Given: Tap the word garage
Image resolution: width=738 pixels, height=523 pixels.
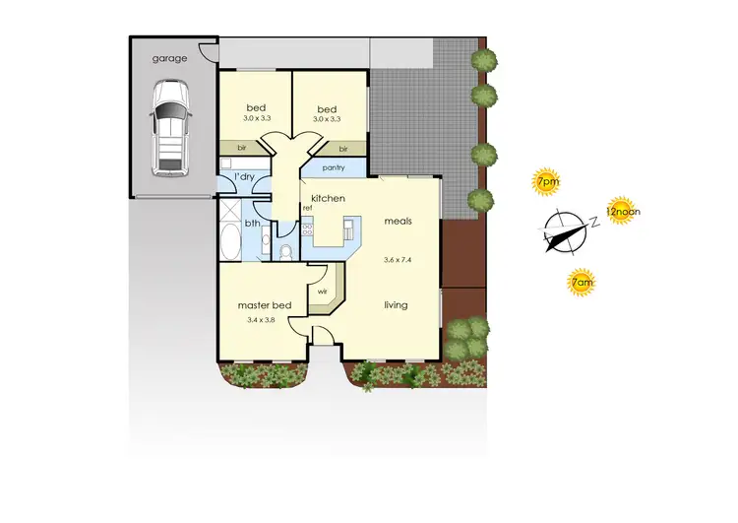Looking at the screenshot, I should click(169, 59).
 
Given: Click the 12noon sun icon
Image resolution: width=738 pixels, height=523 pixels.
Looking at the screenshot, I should click(618, 210).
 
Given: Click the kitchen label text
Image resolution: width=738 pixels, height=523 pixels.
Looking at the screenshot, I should click(328, 199).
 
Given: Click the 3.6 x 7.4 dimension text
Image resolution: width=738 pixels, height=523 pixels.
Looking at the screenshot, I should click(398, 260).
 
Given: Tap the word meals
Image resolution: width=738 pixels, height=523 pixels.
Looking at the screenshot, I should click(399, 222).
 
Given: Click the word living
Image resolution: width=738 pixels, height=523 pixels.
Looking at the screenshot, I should click(396, 305).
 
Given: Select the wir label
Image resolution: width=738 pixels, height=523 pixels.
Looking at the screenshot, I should click(322, 292).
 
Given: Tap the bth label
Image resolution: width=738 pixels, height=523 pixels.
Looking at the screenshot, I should click(253, 223).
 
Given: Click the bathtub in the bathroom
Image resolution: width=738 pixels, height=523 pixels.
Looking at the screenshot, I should click(229, 240).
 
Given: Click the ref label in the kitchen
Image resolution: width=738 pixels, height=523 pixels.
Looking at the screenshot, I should click(307, 208).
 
